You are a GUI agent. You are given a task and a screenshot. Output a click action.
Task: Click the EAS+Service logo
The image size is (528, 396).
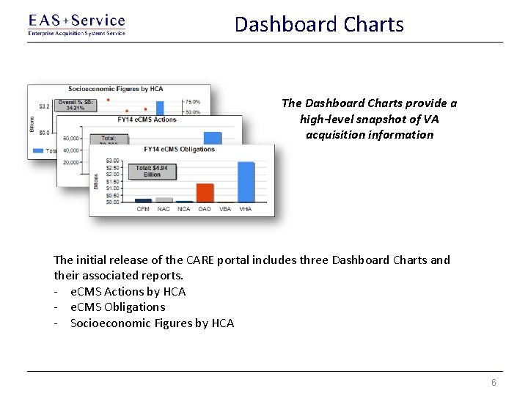(x=76, y=24)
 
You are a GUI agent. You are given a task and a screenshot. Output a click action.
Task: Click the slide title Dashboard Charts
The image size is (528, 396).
(x=319, y=24)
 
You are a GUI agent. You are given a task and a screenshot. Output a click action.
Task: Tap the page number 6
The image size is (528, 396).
(x=494, y=383)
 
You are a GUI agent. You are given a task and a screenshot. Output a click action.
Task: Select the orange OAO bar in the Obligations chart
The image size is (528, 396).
(x=205, y=192)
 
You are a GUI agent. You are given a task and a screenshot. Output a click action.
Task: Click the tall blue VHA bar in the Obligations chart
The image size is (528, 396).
(x=246, y=181)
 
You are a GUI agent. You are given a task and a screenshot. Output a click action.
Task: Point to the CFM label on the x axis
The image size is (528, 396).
(x=144, y=209)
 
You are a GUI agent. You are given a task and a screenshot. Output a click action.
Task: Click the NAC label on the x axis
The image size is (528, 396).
(x=164, y=209)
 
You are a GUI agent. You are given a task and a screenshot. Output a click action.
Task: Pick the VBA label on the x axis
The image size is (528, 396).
(x=225, y=209)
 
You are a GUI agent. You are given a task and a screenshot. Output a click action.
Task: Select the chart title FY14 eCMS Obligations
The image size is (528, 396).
(x=180, y=149)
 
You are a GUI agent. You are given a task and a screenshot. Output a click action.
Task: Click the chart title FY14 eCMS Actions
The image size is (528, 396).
(x=147, y=119)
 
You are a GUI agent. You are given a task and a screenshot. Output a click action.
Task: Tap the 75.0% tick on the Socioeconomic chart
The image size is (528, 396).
(x=192, y=102)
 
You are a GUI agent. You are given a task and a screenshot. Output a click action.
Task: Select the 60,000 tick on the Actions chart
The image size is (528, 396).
(x=71, y=139)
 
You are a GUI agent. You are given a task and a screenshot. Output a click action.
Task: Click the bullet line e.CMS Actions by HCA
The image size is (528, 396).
(x=128, y=291)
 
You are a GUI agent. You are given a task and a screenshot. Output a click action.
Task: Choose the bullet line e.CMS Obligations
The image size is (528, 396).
(x=117, y=307)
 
